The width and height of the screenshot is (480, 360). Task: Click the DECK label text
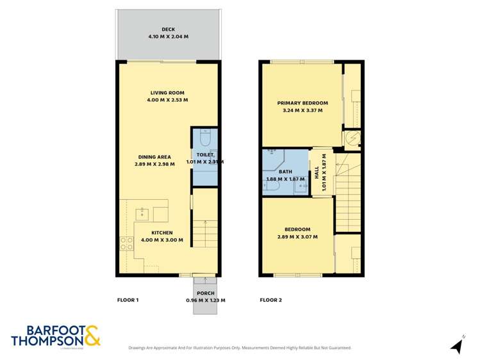168,29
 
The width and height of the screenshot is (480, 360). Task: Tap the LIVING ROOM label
168,93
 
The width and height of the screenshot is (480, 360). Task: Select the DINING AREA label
154,157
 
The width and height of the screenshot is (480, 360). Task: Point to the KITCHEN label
162,233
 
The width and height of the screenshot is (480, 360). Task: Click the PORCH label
206,293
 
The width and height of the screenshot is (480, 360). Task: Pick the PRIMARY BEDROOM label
302,103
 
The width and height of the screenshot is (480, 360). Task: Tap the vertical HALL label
317,173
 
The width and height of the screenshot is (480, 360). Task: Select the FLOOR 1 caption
128,300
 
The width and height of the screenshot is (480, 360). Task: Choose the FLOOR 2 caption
270,300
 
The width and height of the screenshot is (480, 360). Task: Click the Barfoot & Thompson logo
56,336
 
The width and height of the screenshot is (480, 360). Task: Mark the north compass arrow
456,346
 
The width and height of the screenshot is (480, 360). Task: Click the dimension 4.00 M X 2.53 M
168,101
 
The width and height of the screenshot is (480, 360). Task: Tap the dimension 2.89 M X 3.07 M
298,237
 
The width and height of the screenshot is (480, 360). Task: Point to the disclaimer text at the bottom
240,348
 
